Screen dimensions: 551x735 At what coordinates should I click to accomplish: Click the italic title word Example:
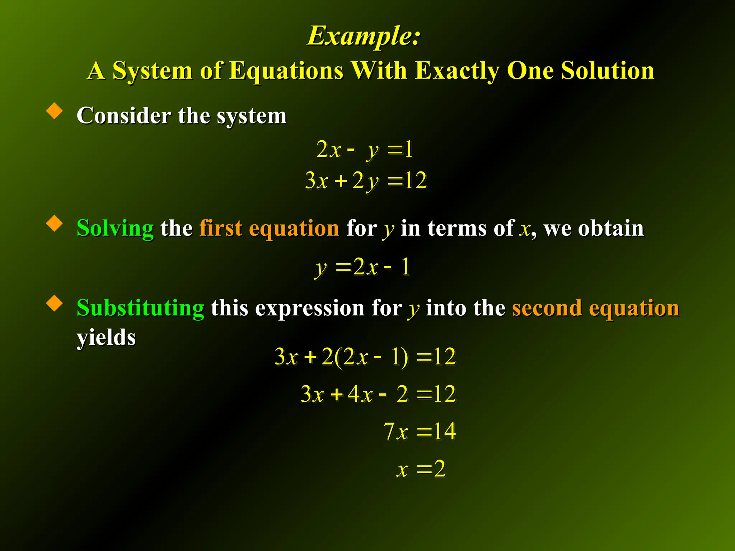pos(364,36)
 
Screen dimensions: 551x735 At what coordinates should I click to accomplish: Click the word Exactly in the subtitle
pos(457,70)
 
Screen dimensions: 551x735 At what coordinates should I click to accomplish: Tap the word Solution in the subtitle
pos(608,70)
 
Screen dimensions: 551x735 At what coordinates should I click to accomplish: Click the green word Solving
pos(115,228)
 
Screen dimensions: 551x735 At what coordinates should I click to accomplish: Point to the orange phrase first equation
pos(269,228)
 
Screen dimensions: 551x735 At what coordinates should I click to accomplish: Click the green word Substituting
pos(140,308)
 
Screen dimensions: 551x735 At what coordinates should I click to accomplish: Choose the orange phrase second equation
pos(596,308)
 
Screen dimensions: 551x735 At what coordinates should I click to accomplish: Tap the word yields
pos(106,337)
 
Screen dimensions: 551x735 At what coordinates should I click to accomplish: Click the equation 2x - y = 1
pos(365,149)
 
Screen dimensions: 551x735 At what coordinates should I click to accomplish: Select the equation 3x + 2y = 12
pos(366,180)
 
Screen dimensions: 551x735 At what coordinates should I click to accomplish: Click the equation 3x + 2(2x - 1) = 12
pos(365,357)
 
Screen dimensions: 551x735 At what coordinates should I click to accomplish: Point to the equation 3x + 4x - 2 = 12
pos(378,394)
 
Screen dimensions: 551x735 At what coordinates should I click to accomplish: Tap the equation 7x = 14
pos(420,431)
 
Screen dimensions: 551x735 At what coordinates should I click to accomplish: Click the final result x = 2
pos(421,468)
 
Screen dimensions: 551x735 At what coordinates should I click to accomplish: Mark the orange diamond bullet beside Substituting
pos(55,303)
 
